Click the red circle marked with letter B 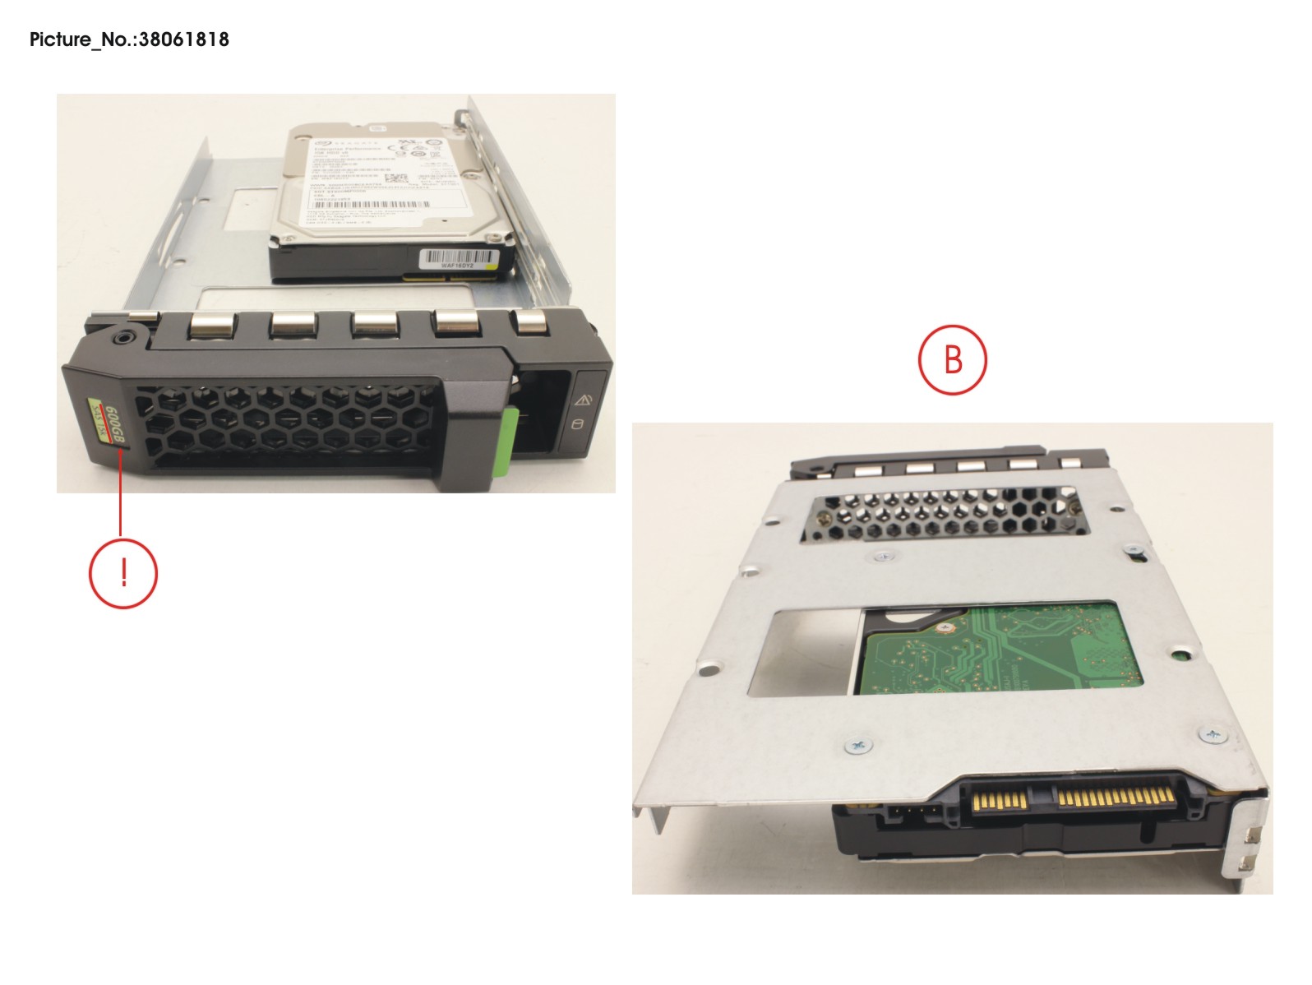point(952,359)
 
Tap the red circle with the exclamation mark point(122,573)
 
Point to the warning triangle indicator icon point(584,400)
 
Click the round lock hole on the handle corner point(123,336)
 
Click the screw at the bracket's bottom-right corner point(1213,733)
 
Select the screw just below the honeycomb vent point(882,556)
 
